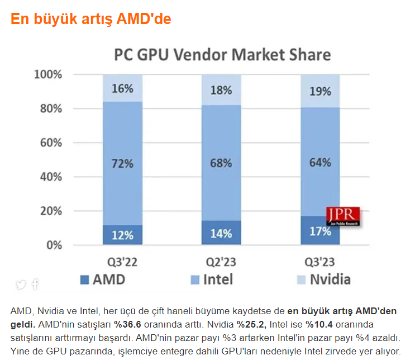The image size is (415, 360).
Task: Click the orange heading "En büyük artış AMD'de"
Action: pos(90,19)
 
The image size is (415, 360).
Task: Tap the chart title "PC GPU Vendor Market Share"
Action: pos(222,55)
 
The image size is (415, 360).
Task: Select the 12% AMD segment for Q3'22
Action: pos(122,235)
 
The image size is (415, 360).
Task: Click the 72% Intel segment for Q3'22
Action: pos(122,164)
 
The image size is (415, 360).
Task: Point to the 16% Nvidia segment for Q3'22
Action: pos(122,88)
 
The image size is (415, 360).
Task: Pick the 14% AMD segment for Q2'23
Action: pos(221,233)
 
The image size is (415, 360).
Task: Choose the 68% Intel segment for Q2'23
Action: pos(221,163)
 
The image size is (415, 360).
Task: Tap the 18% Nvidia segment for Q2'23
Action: pos(221,90)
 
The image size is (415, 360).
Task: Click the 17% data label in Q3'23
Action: pos(320,231)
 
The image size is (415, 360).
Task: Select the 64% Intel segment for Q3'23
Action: pos(320,163)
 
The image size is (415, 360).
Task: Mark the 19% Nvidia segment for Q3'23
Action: pos(320,91)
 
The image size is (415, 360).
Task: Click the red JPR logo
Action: pos(343,216)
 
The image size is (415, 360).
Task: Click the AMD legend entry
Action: pos(104,279)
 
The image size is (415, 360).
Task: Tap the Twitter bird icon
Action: pos(21,284)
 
